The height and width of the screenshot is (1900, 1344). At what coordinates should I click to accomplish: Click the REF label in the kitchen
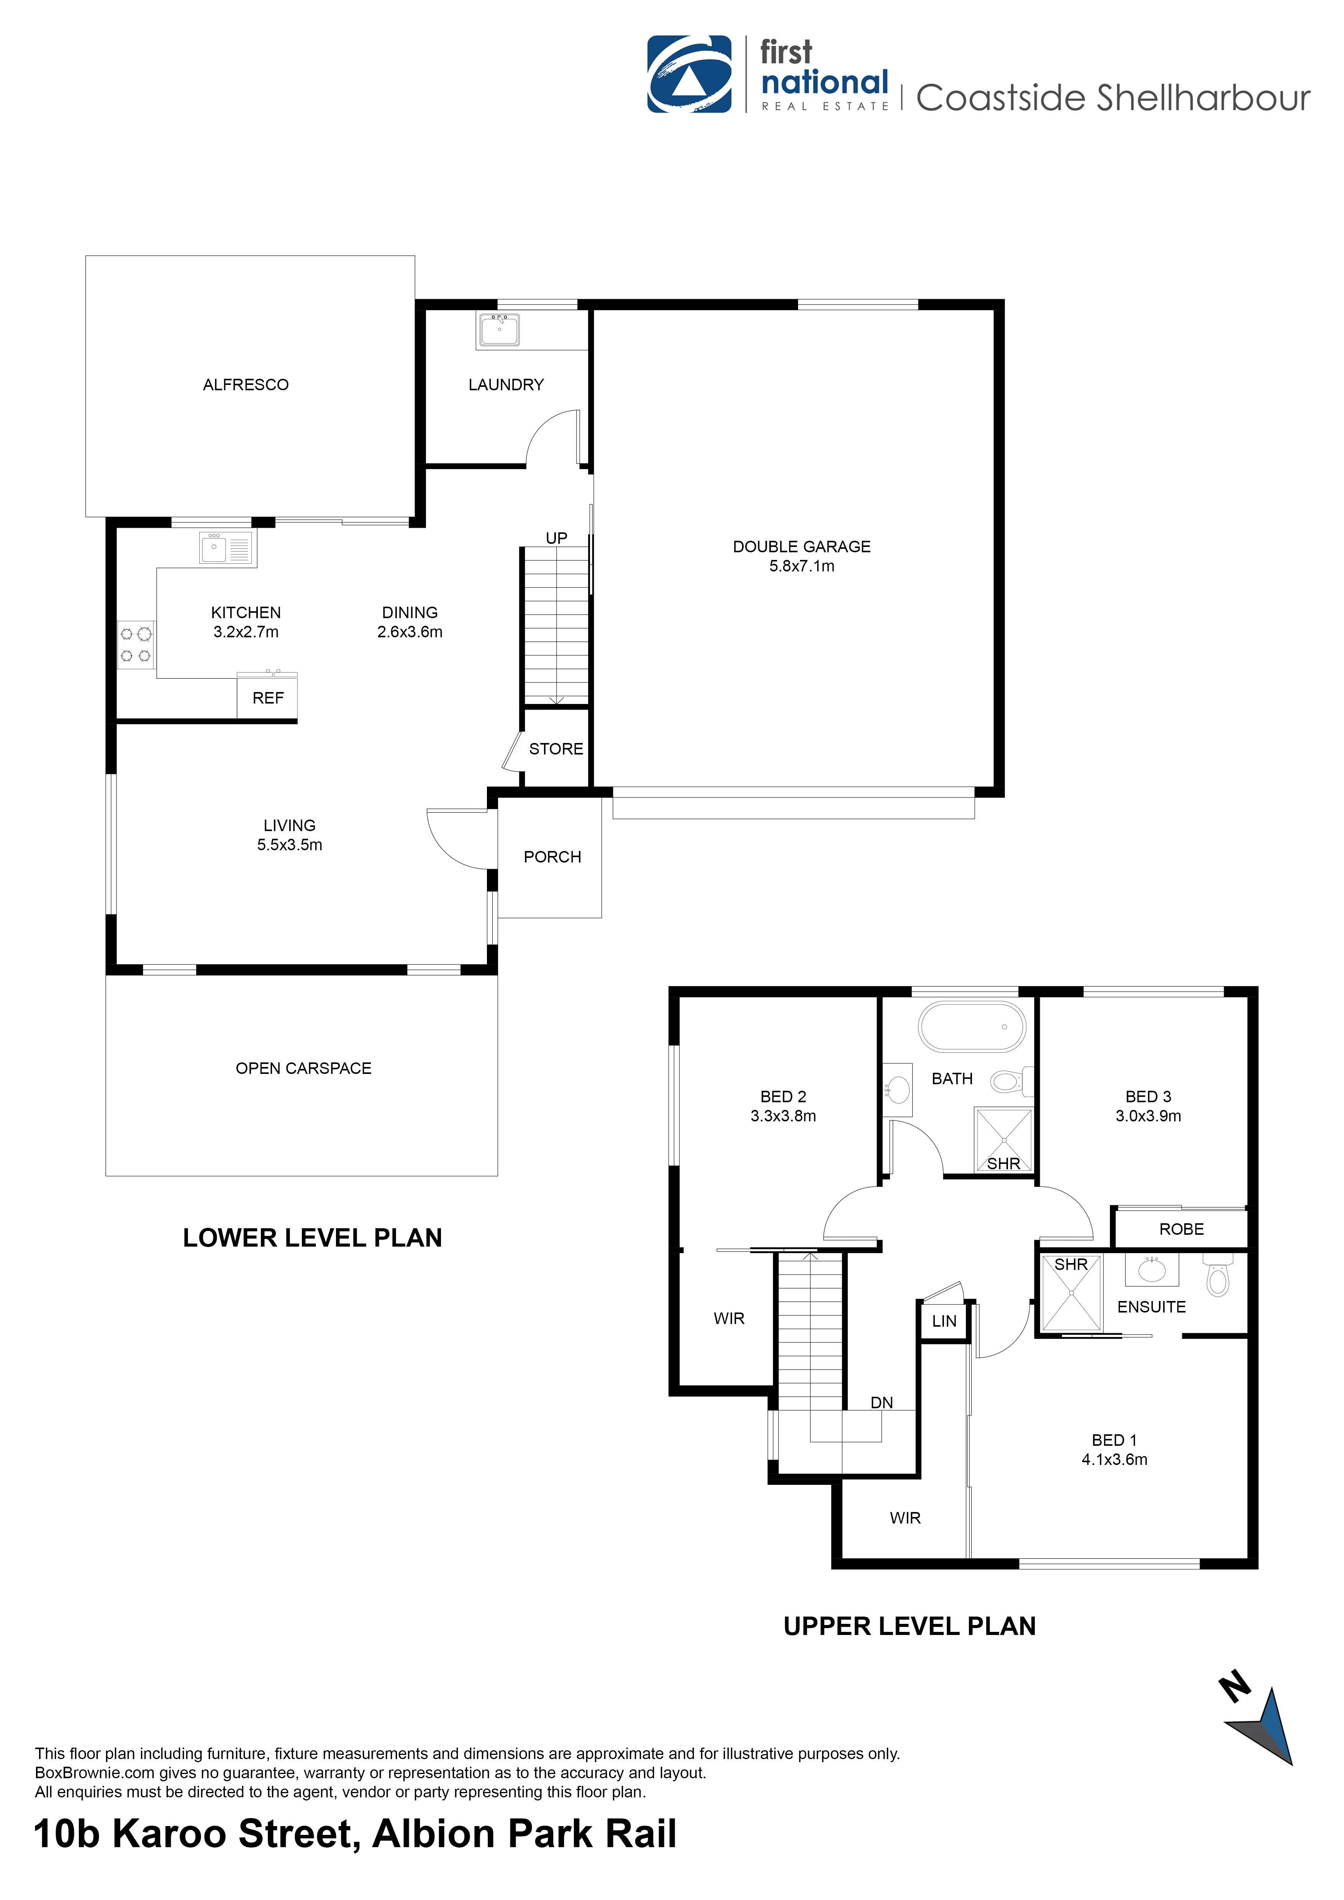click(268, 699)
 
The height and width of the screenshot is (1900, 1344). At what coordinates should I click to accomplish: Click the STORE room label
click(556, 749)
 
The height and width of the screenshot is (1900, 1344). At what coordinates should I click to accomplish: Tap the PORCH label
click(552, 857)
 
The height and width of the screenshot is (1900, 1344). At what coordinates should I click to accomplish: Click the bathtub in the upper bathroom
click(972, 1027)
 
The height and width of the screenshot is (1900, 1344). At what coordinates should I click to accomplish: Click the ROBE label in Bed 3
click(1181, 1230)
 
